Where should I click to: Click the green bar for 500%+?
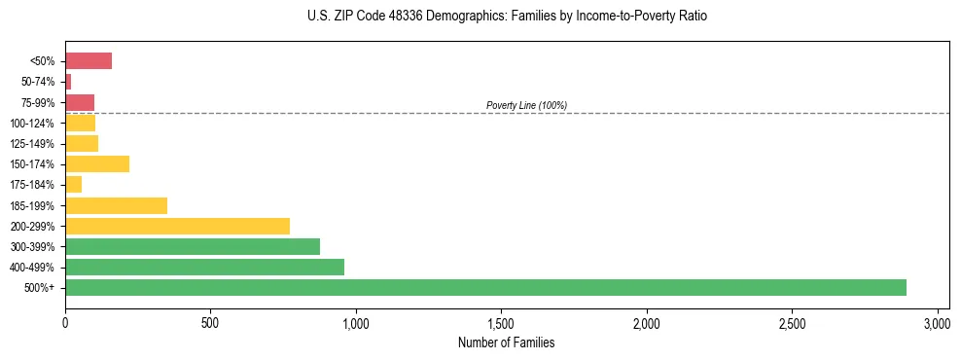tap(485, 287)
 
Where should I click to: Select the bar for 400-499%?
tap(204, 267)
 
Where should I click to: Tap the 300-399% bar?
tap(192, 246)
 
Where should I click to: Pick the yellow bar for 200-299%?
tap(177, 226)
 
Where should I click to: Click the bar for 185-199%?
tap(116, 205)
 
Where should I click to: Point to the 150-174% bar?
tap(97, 163)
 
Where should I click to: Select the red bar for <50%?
tap(89, 60)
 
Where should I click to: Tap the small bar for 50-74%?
tap(68, 82)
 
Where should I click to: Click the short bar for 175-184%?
tap(73, 184)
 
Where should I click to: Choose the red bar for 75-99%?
tap(80, 102)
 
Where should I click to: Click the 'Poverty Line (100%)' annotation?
tap(526, 105)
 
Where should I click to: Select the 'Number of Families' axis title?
tap(507, 342)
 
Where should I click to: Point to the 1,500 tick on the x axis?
tap(501, 323)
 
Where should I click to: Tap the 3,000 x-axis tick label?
tap(937, 323)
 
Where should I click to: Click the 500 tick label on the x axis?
tap(210, 323)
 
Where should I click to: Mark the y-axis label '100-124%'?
tap(32, 124)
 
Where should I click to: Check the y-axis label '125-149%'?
tap(32, 144)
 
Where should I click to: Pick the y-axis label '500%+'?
tap(40, 288)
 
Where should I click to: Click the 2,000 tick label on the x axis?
tap(646, 323)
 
